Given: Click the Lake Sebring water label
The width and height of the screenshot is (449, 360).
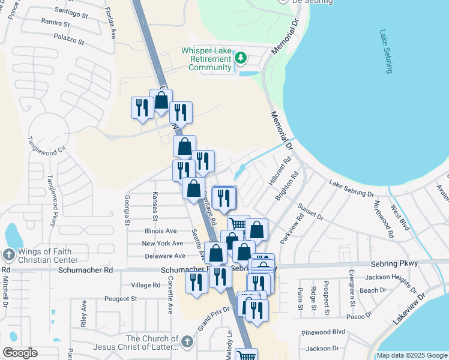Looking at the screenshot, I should click(x=386, y=52).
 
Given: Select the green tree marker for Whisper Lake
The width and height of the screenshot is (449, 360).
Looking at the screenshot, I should click(x=241, y=58).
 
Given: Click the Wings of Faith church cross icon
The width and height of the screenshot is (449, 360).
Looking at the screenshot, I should click(x=8, y=255).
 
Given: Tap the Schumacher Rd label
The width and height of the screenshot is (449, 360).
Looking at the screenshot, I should click(x=86, y=271).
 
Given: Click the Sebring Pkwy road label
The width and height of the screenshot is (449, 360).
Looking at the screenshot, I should click(x=393, y=264).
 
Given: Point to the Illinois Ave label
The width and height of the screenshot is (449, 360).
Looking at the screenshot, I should click(x=160, y=230).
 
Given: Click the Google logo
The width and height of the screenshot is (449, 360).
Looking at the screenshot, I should click(x=20, y=353).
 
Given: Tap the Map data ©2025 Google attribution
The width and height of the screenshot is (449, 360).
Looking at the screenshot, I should click(x=411, y=355).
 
